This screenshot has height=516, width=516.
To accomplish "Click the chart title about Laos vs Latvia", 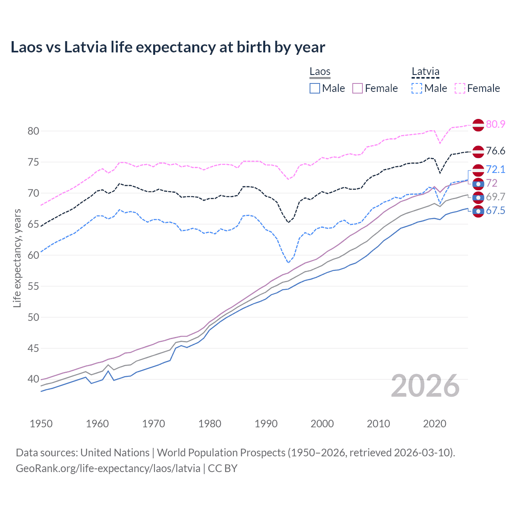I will pos(168,47).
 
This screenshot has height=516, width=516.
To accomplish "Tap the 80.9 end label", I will pos(495,124).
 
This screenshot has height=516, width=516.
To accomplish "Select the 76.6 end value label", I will pos(495,151).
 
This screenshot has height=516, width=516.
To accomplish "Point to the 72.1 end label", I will pos(495,169).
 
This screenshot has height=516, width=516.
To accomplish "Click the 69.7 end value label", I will pos(495,197).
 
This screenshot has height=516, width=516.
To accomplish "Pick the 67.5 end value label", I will pos(495,210).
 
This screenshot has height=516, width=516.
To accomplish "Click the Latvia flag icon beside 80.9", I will pos(478,125).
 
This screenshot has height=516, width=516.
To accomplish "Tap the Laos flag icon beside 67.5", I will pos(478,211).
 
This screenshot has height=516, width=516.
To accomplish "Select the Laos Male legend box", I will pos(315,88).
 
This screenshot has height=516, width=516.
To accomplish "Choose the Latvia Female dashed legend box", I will pos(460,88).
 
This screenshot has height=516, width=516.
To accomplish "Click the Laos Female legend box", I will pos(358,88).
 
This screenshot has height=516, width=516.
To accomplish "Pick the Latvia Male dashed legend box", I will pos(417,88).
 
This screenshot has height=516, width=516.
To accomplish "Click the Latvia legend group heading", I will pos(425,72).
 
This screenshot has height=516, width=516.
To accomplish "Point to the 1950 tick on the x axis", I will pos(41,424).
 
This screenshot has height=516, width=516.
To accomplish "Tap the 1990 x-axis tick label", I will pos(266,424).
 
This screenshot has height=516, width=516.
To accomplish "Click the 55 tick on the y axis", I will pos(33,286).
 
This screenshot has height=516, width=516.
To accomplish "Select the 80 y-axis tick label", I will pos(33,131).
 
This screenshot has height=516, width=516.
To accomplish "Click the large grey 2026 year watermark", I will pos(425,386).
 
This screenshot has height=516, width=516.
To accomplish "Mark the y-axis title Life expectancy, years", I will pos(17,258).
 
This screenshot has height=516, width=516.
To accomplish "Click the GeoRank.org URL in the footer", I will pos(108,468).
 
